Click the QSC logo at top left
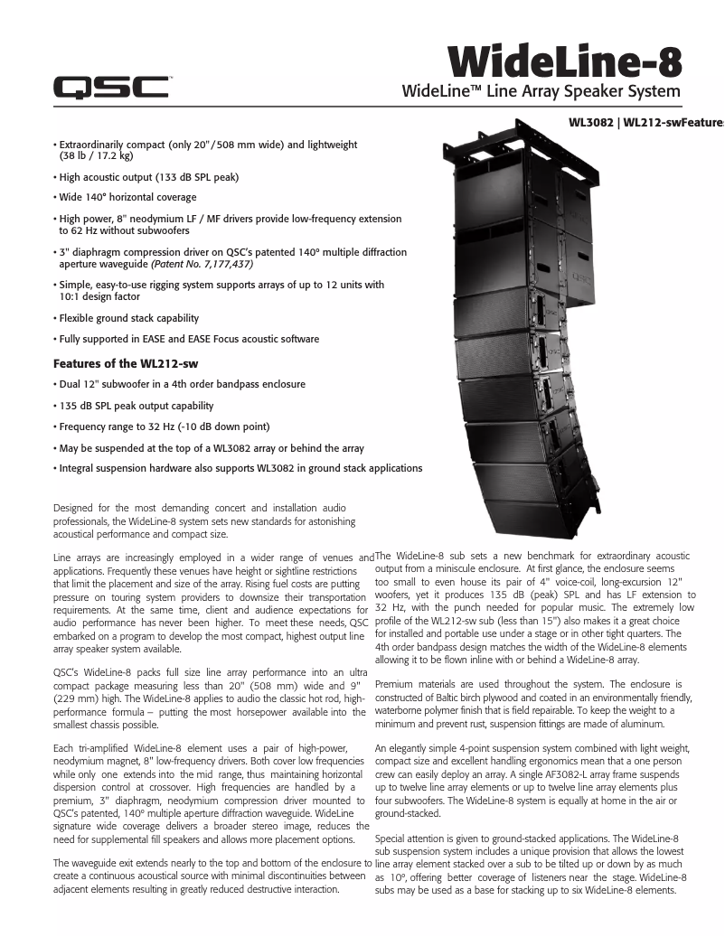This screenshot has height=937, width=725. point(110,87)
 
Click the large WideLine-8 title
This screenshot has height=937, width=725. point(565,63)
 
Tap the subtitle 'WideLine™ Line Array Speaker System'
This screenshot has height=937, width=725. point(541,91)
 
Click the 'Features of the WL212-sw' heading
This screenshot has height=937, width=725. point(126,363)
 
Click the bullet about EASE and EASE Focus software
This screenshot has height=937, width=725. point(188,339)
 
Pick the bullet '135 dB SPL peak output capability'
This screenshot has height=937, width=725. point(136,406)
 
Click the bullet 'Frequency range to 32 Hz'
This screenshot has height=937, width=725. point(165,426)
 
